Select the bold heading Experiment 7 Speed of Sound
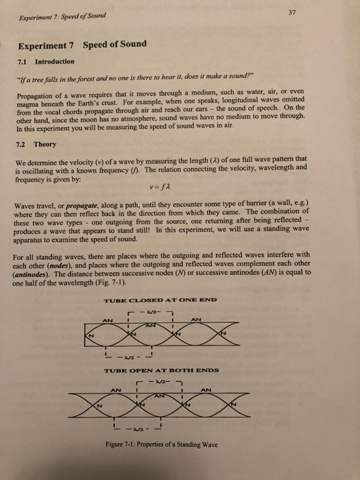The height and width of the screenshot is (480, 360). (82, 45)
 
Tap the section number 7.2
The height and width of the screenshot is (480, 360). (22, 145)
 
